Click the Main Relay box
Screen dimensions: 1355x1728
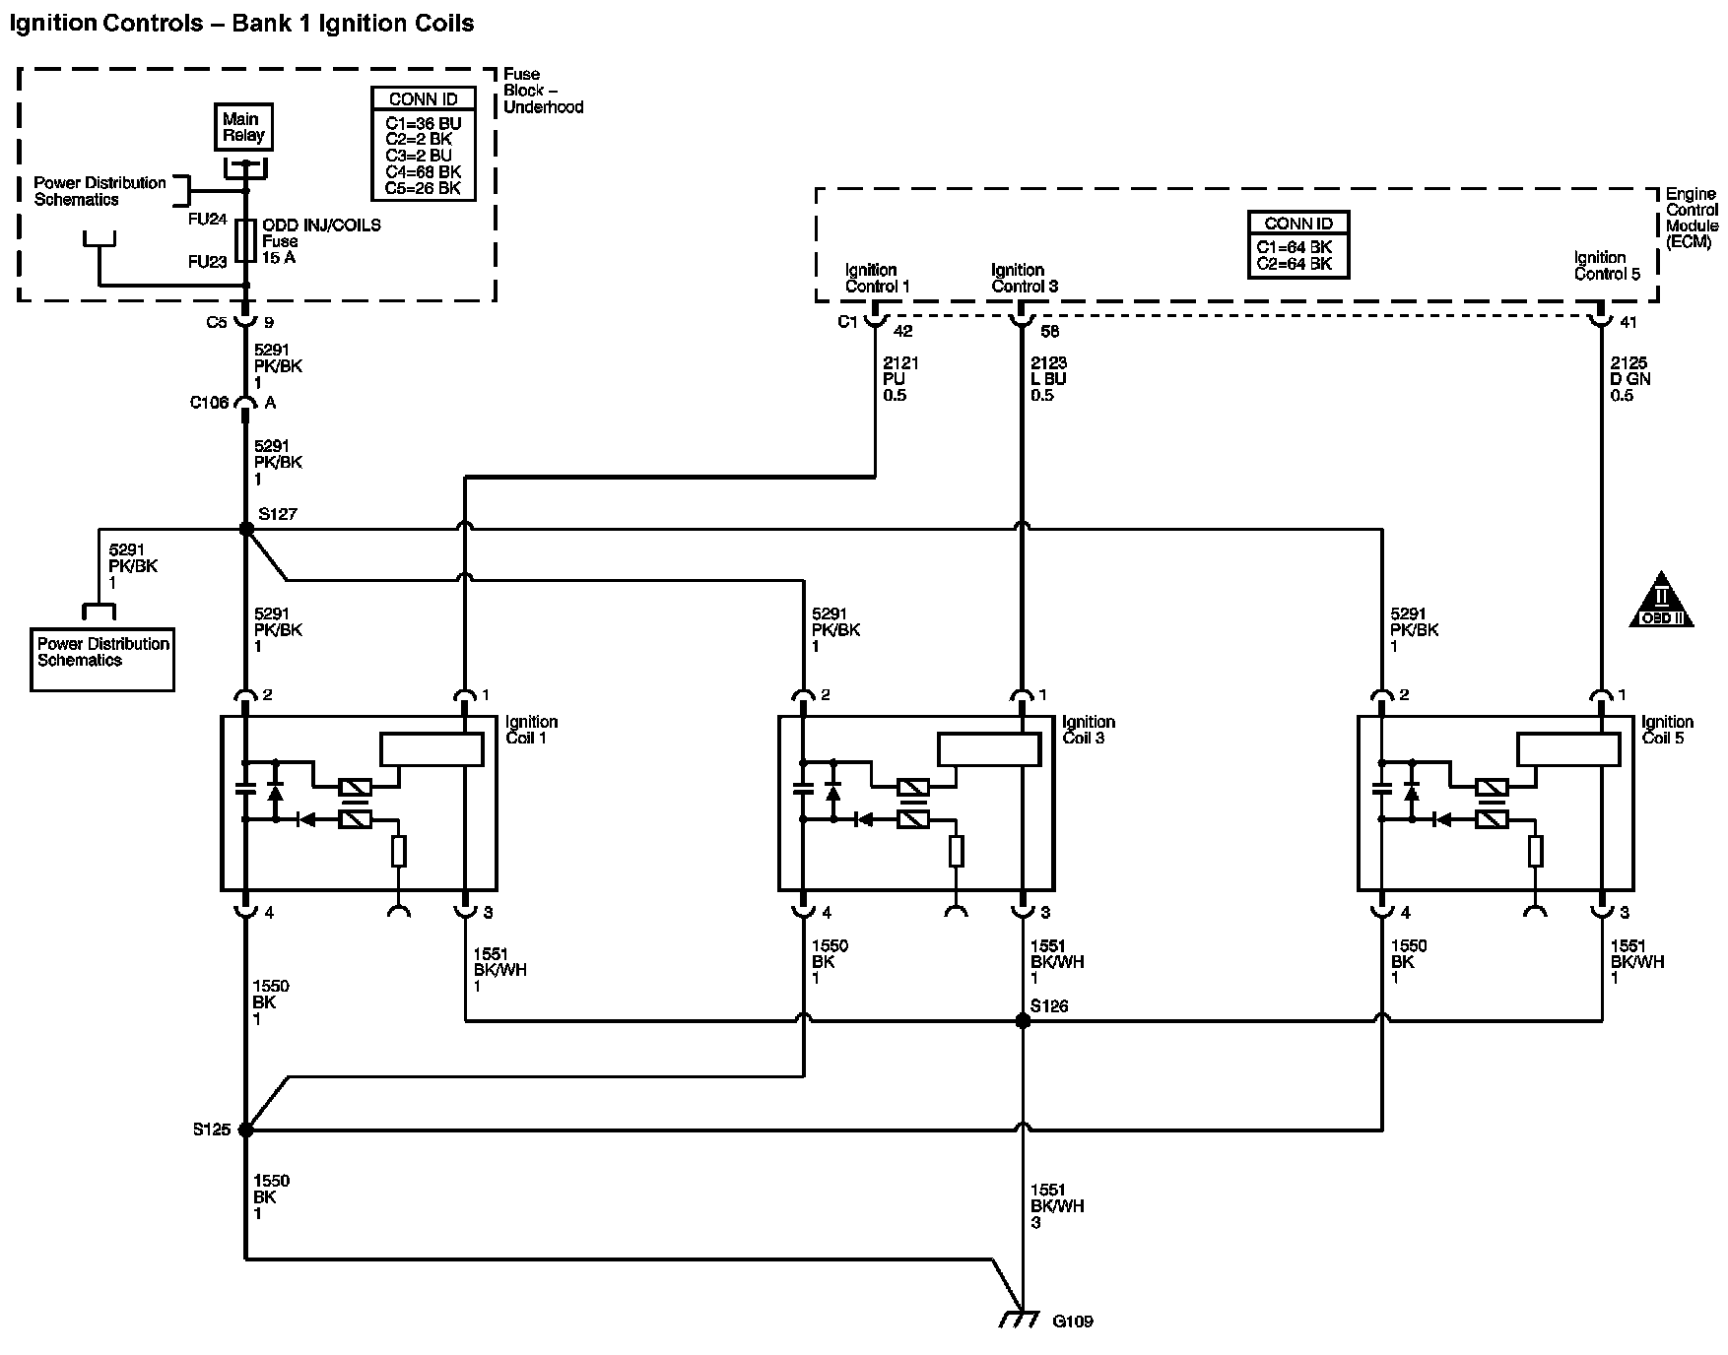coord(243,127)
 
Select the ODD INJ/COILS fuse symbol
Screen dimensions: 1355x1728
coord(246,241)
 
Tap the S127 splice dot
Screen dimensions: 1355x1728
coord(246,530)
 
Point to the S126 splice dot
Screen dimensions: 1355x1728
coord(1023,1021)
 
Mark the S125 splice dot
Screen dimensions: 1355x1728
coord(246,1129)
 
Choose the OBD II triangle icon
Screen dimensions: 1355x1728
coord(1661,601)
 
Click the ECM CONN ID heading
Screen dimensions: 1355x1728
coord(1297,224)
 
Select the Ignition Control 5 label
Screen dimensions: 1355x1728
coord(1607,266)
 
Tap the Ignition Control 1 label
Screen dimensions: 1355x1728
coord(877,278)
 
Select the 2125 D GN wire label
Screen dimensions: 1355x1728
coord(1629,379)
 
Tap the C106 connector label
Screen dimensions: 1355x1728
coord(209,403)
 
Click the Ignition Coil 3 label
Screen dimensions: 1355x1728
coord(1088,730)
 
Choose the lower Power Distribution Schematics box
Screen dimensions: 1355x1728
coord(102,659)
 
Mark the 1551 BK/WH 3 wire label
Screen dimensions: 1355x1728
coord(1056,1205)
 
